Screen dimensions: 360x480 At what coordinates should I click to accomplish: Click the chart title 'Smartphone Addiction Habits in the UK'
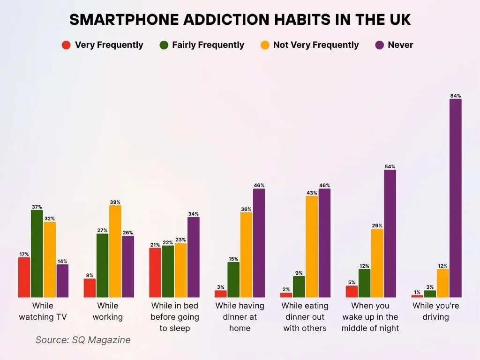click(240, 20)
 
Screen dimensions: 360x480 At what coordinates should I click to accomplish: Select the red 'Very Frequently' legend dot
click(66, 45)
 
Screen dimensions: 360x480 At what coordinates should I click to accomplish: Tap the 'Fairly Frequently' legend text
click(208, 45)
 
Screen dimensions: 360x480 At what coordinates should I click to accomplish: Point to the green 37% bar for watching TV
click(37, 254)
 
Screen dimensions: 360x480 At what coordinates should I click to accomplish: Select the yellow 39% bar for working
click(115, 251)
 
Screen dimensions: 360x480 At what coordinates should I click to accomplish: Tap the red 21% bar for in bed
click(155, 272)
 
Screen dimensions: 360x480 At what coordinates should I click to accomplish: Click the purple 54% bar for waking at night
click(390, 233)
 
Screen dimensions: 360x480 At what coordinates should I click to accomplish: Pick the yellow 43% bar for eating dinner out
click(312, 247)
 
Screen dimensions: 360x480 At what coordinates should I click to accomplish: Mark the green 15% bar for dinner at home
click(233, 279)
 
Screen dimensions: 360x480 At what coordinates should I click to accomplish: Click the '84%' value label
click(455, 96)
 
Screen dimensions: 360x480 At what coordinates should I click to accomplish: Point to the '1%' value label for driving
click(417, 292)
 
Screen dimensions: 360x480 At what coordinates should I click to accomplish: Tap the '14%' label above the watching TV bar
click(62, 261)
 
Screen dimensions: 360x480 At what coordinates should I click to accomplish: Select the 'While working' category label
click(108, 311)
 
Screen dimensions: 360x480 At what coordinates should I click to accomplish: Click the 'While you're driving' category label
click(436, 311)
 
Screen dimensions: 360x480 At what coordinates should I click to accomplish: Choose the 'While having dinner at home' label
click(240, 317)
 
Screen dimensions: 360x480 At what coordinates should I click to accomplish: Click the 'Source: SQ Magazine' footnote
click(83, 340)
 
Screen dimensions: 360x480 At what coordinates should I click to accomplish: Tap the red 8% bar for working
click(90, 288)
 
